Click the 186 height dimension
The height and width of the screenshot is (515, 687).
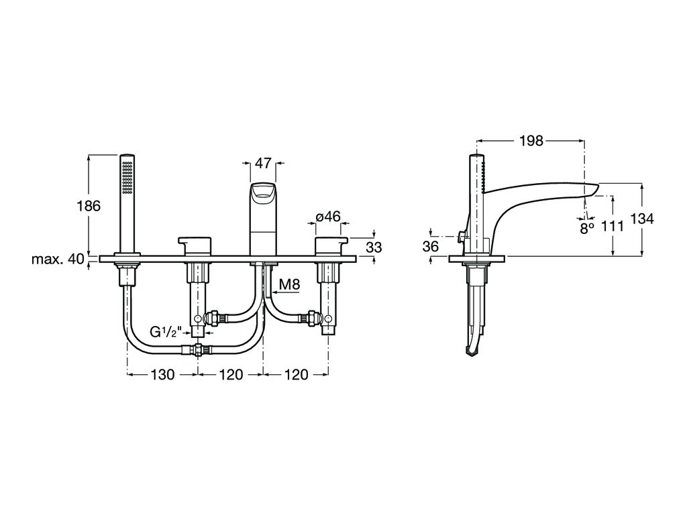pyautogui.click(x=89, y=205)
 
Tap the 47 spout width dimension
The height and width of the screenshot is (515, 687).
pyautogui.click(x=263, y=164)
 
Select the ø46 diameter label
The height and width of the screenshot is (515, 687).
pyautogui.click(x=328, y=217)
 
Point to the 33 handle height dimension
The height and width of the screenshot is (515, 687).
pyautogui.click(x=374, y=247)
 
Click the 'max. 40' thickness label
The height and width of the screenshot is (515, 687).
pyautogui.click(x=58, y=259)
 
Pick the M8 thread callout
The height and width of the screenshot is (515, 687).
pyautogui.click(x=290, y=285)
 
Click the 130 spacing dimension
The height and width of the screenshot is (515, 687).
pyautogui.click(x=162, y=374)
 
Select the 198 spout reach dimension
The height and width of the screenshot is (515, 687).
pyautogui.click(x=531, y=141)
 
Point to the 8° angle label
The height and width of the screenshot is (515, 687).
pyautogui.click(x=587, y=228)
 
